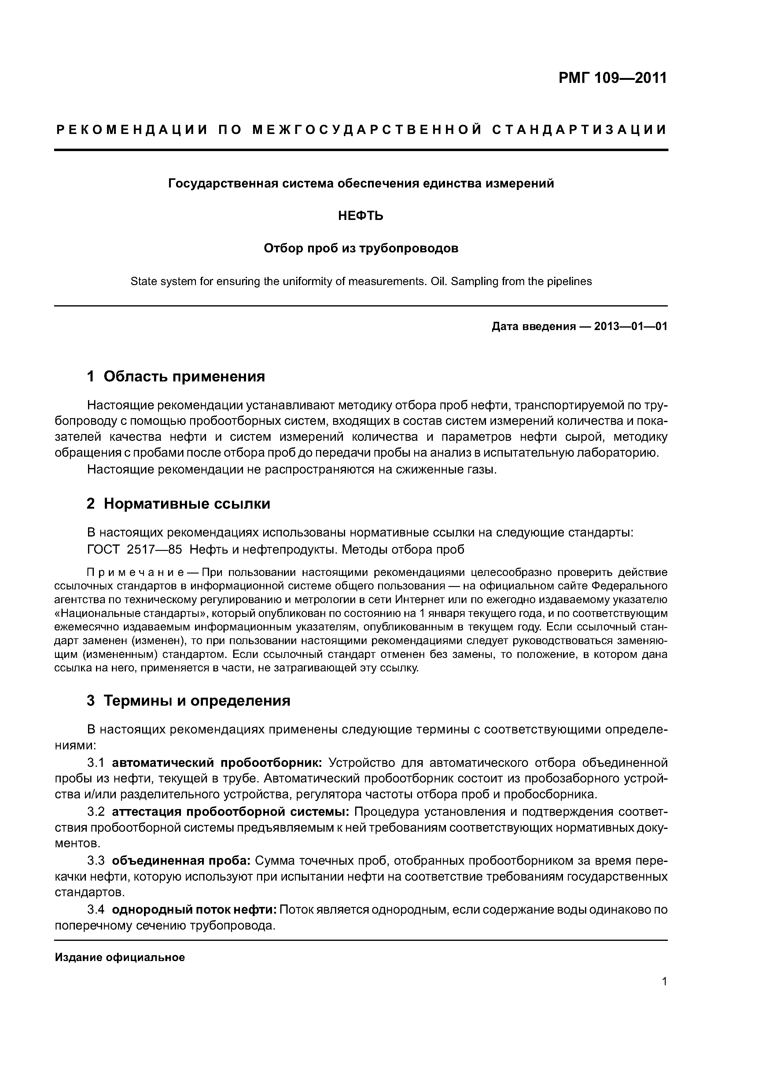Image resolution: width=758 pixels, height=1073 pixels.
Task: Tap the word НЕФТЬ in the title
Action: [361, 216]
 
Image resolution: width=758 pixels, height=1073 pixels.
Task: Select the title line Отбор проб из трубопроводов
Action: [361, 248]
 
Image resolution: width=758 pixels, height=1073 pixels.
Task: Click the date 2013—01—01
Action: [631, 326]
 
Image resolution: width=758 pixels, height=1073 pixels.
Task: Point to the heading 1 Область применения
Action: [176, 376]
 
